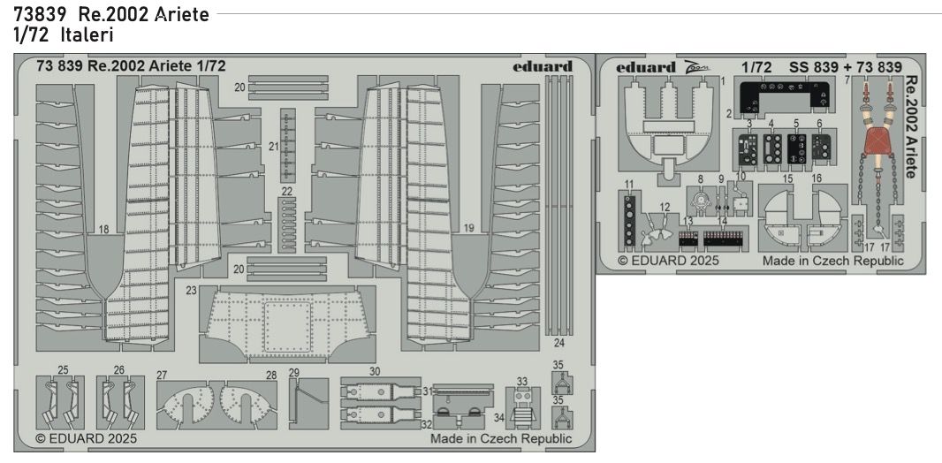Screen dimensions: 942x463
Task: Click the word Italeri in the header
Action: [x=87, y=35]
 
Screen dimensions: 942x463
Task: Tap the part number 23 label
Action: [x=192, y=291]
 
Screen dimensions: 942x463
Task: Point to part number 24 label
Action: [x=559, y=343]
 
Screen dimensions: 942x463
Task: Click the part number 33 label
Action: [x=521, y=382]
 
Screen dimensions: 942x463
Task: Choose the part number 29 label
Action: [x=293, y=372]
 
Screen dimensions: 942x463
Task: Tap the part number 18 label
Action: [x=103, y=230]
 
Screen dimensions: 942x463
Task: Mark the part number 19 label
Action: [x=469, y=228]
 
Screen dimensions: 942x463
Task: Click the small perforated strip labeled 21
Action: [x=288, y=145]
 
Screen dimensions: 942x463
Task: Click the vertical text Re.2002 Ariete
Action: [x=911, y=127]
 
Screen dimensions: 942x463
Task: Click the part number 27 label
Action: [x=161, y=376]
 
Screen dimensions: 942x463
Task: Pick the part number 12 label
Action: [x=664, y=207]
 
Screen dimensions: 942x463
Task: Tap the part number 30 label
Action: [x=376, y=372]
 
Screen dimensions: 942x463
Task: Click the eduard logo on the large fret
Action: [x=543, y=66]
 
